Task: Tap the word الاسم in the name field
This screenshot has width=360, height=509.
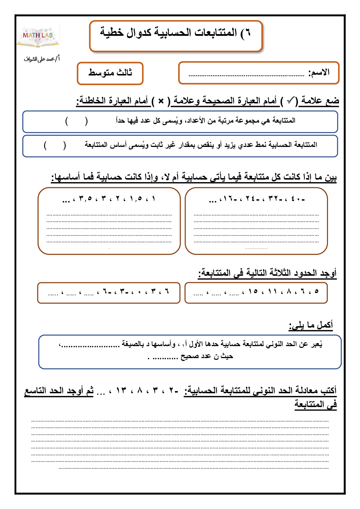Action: point(319,73)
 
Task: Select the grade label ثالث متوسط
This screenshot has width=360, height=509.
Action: point(110,73)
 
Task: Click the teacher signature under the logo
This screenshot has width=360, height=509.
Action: point(41,59)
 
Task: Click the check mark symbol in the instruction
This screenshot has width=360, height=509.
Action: point(290,101)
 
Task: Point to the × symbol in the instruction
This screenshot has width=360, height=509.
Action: point(161,101)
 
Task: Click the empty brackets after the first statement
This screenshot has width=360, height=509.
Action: point(76,121)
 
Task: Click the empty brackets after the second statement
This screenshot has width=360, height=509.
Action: point(55,145)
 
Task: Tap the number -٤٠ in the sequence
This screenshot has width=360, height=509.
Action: point(298,199)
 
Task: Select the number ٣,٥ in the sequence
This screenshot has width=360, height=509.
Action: point(85,199)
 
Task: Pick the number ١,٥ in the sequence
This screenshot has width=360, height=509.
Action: point(136,199)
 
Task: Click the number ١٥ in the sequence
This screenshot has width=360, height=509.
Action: point(253,291)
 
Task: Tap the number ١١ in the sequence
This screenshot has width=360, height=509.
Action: point(273,291)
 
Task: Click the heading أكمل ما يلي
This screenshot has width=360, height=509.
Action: point(311,325)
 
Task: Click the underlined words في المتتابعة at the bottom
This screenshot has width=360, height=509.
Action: point(315,404)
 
